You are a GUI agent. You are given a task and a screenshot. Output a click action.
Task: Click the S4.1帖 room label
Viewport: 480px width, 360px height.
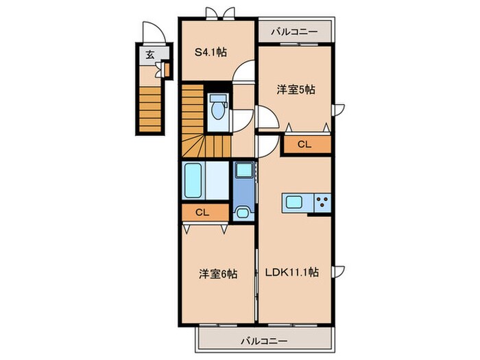[x=213, y=51]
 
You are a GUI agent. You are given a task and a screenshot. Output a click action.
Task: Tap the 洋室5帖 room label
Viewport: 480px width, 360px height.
[x=296, y=90]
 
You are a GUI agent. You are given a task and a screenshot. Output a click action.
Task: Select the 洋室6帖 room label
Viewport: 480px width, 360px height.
[x=218, y=273]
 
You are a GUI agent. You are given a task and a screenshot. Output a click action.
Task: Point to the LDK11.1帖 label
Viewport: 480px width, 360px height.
[x=292, y=272]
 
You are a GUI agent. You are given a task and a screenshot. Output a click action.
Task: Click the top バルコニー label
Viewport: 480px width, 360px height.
[x=293, y=32]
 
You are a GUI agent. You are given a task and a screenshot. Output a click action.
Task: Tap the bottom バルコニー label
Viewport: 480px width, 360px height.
[x=263, y=340]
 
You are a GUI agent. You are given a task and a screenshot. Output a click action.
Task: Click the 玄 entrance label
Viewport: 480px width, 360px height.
[x=149, y=56]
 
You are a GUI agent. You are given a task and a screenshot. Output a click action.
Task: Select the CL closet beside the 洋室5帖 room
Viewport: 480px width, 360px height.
[x=305, y=145]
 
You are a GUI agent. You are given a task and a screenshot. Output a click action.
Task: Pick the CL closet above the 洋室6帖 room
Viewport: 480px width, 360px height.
[x=202, y=213]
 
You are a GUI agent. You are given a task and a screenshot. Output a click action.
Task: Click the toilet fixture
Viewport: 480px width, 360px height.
[x=218, y=109]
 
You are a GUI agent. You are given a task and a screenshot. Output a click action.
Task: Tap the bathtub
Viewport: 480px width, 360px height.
[x=194, y=180]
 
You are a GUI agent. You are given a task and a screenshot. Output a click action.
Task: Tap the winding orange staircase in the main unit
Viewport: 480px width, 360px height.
[x=202, y=123]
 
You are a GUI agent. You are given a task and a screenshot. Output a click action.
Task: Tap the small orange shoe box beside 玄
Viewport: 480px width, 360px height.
[x=165, y=69]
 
